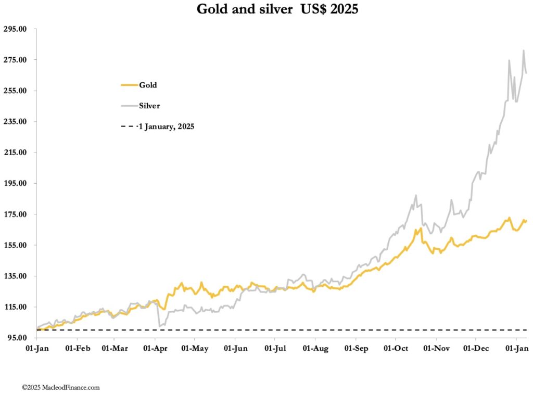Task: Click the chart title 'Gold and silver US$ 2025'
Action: pos(277,9)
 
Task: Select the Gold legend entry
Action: pos(147,85)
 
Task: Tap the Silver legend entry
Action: pos(149,106)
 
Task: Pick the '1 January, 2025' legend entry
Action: pos(166,126)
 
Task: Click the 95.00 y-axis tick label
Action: pos(16,338)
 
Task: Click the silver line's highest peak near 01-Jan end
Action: pos(523,50)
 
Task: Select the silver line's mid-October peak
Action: pos(416,195)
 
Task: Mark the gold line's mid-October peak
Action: pos(420,228)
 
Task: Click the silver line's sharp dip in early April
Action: pos(159,326)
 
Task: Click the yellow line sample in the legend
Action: pos(129,85)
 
